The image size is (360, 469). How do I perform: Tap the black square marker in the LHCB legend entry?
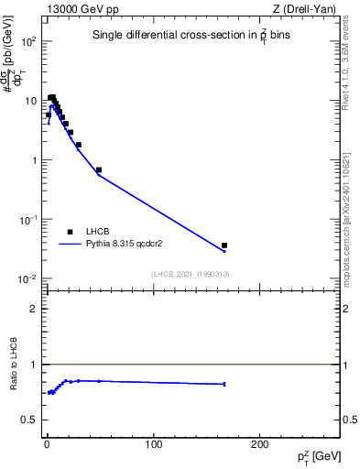pos(69,232)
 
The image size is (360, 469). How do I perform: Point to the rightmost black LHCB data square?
pos(224,245)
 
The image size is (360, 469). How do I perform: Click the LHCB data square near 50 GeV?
pos(99,169)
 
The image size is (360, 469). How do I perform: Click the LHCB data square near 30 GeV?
pos(79,145)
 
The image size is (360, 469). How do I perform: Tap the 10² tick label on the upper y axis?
pos(28,42)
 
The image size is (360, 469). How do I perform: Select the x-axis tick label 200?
pos(260,444)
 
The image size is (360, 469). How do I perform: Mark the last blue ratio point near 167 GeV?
pos(224,384)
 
